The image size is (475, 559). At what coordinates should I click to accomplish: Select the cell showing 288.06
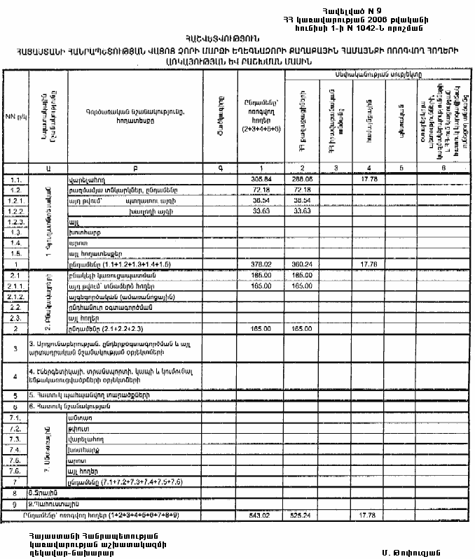pos(302,179)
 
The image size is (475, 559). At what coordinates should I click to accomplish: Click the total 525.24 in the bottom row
pos(302,517)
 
